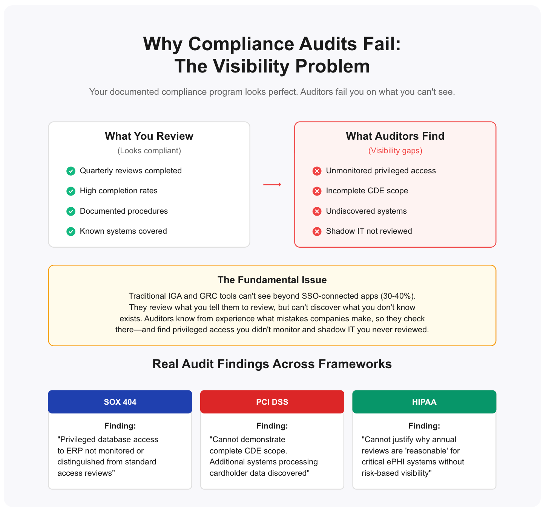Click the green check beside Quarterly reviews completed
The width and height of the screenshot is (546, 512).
tap(71, 171)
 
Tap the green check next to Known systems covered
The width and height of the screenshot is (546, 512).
tap(71, 231)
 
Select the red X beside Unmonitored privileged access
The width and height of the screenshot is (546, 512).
tap(317, 171)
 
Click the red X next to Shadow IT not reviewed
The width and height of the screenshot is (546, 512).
tap(317, 231)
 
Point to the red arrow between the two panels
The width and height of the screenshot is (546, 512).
tap(272, 184)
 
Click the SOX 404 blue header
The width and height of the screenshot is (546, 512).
tap(120, 402)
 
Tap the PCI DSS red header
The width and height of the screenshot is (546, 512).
tap(272, 402)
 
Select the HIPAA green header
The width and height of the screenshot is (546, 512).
tap(424, 402)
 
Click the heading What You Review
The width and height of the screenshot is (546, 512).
tap(149, 136)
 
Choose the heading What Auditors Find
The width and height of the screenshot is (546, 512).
tap(395, 136)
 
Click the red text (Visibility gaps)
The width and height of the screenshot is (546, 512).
tap(395, 151)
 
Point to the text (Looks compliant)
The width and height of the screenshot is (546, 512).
tap(149, 151)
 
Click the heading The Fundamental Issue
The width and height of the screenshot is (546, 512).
tap(272, 280)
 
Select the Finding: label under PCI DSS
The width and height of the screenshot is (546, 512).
tap(272, 426)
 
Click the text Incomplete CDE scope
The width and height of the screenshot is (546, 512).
tap(367, 191)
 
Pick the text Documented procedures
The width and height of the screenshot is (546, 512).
tap(124, 211)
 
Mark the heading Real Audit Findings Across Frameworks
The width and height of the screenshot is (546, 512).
tap(272, 364)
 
